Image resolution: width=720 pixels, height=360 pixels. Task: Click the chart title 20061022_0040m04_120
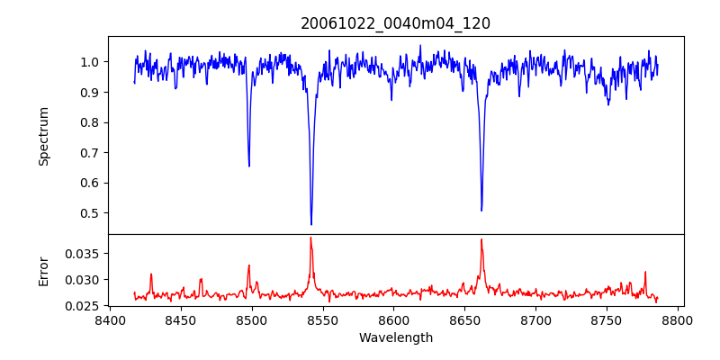[395, 23]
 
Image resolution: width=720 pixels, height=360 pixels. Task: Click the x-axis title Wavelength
[395, 337]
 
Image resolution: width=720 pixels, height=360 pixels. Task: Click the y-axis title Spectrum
[43, 136]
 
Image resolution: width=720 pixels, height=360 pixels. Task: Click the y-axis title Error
[43, 270]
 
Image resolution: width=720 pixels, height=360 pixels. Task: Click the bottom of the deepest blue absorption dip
[311, 224]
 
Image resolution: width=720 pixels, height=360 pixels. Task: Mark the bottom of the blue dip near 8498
[249, 166]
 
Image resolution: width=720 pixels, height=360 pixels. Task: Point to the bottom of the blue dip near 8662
[481, 211]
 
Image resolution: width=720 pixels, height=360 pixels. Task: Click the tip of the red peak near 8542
[310, 238]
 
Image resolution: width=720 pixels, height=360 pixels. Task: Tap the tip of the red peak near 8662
[481, 239]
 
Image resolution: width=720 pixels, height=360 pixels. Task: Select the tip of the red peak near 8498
[249, 265]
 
